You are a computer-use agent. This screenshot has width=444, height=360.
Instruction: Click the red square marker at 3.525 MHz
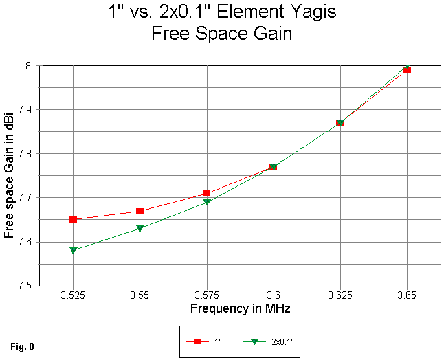73,220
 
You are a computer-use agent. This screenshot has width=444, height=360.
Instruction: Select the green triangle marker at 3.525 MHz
73,251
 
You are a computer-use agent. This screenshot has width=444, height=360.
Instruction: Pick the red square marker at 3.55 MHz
140,211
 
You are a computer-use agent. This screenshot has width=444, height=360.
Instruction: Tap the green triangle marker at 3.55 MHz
140,229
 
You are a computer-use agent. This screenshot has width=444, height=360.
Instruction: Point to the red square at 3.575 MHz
207,194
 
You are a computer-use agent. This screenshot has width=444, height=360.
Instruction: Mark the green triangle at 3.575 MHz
207,203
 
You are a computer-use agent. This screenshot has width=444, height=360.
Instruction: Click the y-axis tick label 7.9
28,110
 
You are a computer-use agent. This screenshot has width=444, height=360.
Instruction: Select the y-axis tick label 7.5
28,286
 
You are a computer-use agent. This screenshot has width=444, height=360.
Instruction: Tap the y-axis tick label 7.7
28,198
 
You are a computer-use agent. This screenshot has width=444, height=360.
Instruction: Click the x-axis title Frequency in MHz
240,309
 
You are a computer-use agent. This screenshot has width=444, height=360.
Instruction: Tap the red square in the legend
197,341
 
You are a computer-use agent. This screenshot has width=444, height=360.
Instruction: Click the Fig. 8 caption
23,345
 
